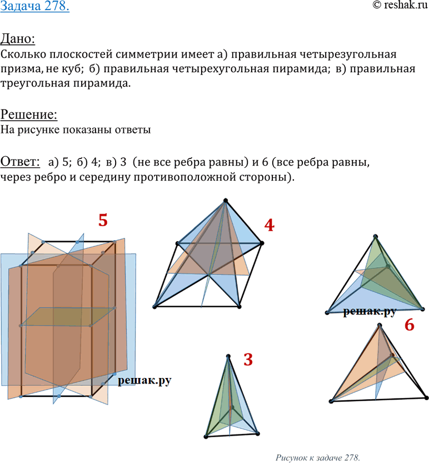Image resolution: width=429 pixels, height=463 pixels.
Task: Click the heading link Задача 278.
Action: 35,6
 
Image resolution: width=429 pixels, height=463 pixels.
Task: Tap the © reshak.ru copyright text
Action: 400,5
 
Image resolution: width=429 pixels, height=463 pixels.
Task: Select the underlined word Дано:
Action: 18,39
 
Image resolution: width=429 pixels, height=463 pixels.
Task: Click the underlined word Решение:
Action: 29,114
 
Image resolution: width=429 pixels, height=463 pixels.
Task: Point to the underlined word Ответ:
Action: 20,162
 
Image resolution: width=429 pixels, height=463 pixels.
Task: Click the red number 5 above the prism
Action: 103,220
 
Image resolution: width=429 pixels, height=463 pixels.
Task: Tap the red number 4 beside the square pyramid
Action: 270,225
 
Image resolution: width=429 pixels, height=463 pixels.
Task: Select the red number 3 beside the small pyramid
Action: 248,360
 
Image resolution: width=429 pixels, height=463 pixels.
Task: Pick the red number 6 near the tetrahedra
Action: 409,325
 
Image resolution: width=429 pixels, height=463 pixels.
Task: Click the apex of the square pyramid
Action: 226,201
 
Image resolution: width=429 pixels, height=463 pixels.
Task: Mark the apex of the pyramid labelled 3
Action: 228,356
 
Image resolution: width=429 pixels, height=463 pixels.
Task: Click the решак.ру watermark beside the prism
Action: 144,381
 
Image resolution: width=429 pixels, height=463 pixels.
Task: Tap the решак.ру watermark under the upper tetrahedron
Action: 370,312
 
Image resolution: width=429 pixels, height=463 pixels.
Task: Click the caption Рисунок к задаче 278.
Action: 318,457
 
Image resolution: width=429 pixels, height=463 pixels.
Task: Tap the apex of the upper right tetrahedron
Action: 375,236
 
